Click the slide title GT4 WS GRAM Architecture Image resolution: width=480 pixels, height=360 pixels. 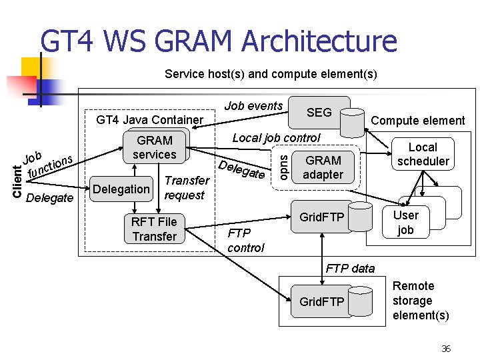click(218, 41)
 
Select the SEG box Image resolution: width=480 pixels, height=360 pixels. click(319, 113)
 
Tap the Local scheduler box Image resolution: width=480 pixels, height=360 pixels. click(423, 154)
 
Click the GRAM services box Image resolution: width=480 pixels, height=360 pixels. click(155, 147)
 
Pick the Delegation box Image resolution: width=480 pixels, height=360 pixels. click(121, 189)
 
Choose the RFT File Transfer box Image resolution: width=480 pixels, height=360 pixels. click(154, 229)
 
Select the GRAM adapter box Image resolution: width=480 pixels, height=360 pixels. click(323, 167)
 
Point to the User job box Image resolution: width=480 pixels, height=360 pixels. click(406, 223)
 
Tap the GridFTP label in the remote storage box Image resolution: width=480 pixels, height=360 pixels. click(321, 302)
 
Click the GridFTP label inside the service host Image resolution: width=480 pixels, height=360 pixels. click(321, 217)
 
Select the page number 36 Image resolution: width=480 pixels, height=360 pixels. click(446, 349)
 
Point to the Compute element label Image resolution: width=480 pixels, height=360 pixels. click(418, 121)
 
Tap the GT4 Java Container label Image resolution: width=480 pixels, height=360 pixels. click(150, 121)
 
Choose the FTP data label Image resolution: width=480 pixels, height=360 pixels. click(350, 269)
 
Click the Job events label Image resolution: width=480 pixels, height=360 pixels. click(253, 106)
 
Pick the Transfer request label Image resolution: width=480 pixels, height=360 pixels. click(187, 188)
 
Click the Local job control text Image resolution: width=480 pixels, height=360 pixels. click(276, 138)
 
